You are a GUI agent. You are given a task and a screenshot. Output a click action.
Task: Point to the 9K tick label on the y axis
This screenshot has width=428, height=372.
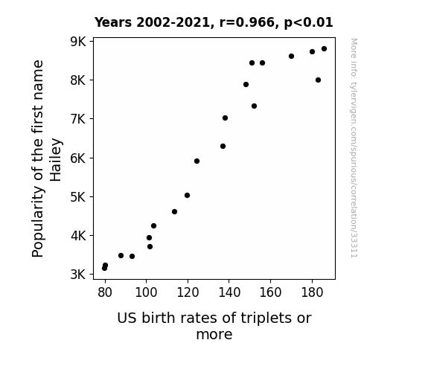coord(78,42)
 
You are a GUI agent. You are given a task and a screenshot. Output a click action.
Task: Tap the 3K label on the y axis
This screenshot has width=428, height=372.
coord(78,275)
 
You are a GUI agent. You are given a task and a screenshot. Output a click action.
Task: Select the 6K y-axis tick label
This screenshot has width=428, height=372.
coord(78,158)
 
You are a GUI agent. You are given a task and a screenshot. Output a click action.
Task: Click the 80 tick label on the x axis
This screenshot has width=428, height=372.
coord(105,292)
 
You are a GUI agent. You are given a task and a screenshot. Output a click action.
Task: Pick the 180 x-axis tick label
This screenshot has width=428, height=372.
coord(312,292)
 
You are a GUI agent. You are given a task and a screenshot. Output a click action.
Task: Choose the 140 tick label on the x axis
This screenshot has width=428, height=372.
coord(229,292)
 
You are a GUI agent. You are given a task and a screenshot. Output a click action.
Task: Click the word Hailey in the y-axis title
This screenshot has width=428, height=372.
coord(56,160)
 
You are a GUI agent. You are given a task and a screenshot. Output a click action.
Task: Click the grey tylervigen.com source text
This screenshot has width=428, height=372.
coord(354,148)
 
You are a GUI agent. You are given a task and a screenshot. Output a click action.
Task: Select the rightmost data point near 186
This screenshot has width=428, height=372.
coord(324,49)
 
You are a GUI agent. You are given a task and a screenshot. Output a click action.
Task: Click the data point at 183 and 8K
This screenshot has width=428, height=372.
coord(318,80)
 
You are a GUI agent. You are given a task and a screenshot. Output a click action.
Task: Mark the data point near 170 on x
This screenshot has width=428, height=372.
coord(291,57)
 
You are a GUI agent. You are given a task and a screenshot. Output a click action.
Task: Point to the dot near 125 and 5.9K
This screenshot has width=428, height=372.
coord(197,161)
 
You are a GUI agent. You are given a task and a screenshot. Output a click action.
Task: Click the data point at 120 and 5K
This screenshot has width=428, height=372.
coord(187,195)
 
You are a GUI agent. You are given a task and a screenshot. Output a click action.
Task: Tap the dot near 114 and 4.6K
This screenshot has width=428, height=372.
coord(174,211)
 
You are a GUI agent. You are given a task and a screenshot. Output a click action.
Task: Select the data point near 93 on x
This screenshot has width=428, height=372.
coord(132,256)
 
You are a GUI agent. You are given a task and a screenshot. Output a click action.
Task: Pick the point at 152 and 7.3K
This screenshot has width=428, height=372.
coord(254,106)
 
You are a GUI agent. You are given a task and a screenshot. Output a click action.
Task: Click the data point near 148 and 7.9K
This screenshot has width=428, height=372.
coord(246,84)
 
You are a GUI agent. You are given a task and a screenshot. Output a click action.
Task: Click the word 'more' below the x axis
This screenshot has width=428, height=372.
coord(214,334)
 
